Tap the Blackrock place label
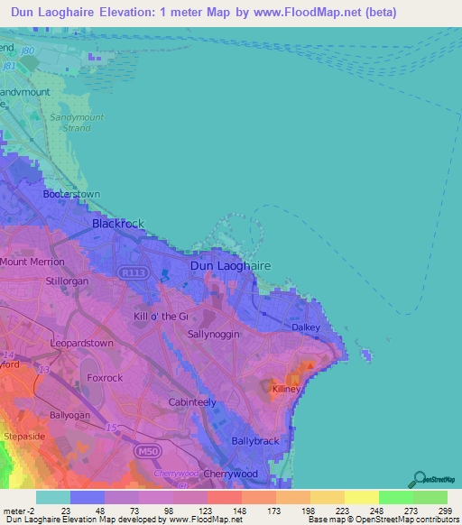coord(118,224)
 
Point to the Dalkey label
coord(306,327)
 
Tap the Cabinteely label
coord(192,401)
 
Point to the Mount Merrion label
coord(32,262)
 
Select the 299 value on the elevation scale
coord(445,509)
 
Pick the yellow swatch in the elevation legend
coord(361,496)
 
